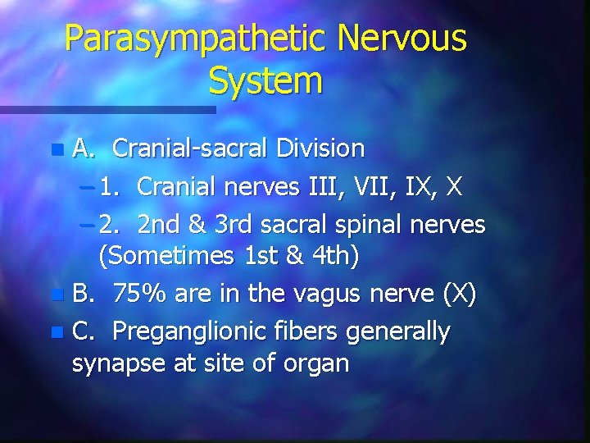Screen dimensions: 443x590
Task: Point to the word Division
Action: [x=320, y=148]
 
